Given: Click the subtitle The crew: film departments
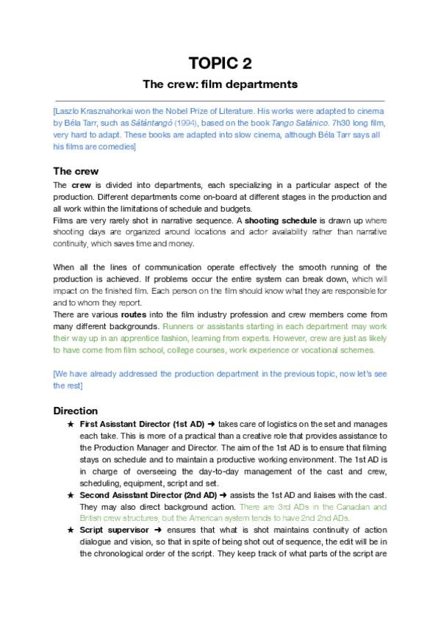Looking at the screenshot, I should (x=220, y=84).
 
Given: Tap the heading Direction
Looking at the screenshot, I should (x=76, y=411).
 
